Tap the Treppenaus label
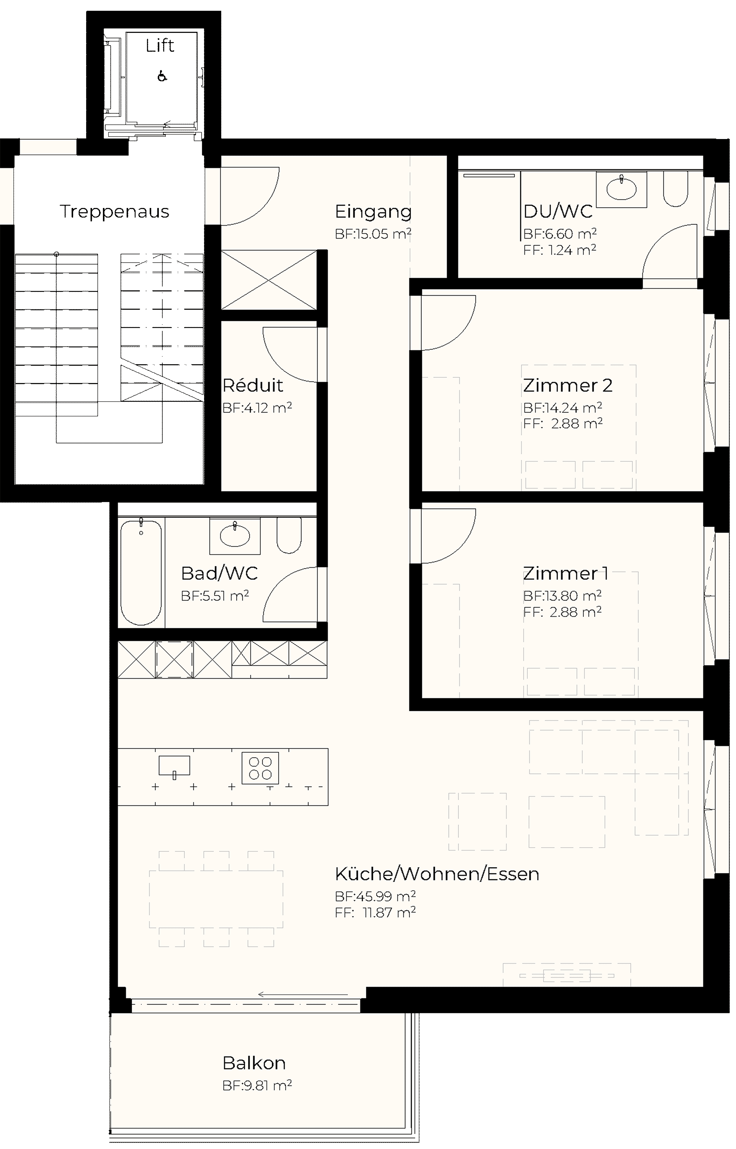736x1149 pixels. (114, 211)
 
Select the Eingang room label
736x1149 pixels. (373, 211)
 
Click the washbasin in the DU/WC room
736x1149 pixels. (621, 189)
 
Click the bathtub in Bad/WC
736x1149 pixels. (141, 572)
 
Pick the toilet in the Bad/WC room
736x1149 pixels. (289, 535)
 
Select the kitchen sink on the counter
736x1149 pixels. (175, 766)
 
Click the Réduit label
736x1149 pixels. (253, 385)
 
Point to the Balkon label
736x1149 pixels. (254, 1063)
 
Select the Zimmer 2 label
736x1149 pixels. (567, 385)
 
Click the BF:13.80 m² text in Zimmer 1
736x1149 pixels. (562, 596)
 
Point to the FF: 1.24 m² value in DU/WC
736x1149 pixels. (560, 250)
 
